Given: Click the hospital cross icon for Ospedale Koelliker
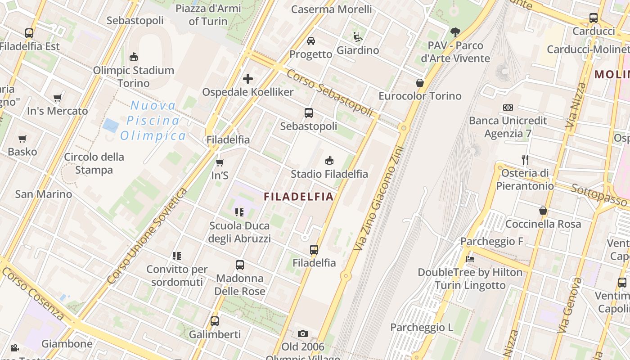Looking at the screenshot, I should click(247, 79).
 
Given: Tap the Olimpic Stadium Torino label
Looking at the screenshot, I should click(134, 76).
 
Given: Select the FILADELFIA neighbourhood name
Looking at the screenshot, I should click(299, 197).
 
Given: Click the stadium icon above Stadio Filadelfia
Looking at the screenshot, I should click(329, 160).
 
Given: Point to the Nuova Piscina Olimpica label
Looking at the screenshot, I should click(153, 121).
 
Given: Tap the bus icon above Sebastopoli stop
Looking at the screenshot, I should click(308, 113).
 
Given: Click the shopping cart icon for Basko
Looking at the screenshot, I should click(22, 139).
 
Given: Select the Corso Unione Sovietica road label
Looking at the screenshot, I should click(148, 236).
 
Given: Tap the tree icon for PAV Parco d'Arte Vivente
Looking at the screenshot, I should click(455, 32).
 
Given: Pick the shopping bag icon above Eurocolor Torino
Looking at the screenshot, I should click(420, 83).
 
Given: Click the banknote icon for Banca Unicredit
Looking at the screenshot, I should click(508, 108).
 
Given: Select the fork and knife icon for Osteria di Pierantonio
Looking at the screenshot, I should click(525, 160).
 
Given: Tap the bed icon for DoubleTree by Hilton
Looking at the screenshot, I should click(470, 259).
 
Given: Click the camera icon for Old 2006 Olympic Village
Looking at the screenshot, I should click(303, 333).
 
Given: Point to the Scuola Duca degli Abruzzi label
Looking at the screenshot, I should click(239, 232).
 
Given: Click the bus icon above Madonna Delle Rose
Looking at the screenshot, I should click(240, 265).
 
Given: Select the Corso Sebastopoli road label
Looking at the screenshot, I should click(330, 93).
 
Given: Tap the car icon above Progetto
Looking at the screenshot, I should click(310, 41).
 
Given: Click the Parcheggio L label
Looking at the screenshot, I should click(422, 327).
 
